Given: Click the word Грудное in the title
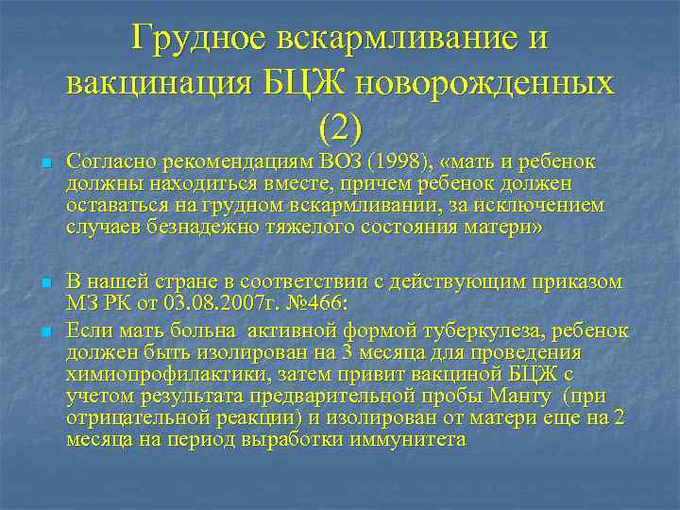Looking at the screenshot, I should (x=198, y=37).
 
